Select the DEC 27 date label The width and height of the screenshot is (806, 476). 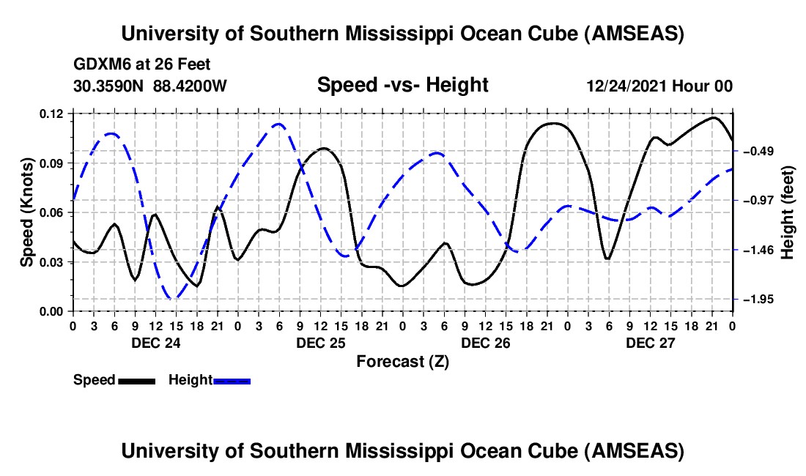(x=650, y=343)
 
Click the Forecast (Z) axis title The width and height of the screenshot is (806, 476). (x=402, y=361)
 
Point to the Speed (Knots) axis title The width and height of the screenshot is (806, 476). (x=26, y=212)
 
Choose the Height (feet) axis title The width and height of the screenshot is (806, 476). (x=788, y=212)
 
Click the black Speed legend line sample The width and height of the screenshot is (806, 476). (x=136, y=380)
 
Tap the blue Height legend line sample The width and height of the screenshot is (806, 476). (x=232, y=380)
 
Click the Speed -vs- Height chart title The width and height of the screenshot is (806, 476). (x=402, y=85)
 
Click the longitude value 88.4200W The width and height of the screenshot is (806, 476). (x=190, y=86)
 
